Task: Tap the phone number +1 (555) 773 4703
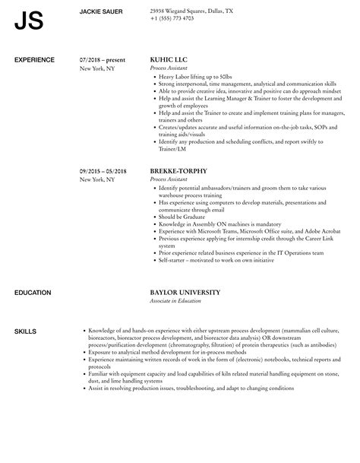coord(172,18)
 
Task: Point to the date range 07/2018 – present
coord(103,58)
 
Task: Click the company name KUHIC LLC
coord(170,58)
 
